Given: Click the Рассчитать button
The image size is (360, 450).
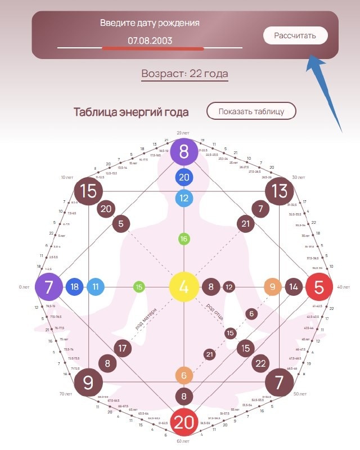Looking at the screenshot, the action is tap(295, 35).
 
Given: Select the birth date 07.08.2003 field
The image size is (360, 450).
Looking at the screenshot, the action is tap(150, 40).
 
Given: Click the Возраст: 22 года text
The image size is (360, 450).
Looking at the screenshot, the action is tap(184, 74).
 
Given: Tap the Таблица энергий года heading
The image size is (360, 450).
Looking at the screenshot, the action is tap(131, 112).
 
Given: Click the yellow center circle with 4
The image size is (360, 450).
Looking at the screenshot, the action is tap(183, 286).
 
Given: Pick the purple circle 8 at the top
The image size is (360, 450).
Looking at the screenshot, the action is tap(184, 152).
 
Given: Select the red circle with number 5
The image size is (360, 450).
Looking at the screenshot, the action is tap(319, 287).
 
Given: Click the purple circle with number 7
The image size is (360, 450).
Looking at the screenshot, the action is tap(49, 287).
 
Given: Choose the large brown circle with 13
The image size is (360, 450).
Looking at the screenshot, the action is tap(279, 191).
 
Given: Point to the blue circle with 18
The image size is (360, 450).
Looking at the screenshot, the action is tap(74, 287).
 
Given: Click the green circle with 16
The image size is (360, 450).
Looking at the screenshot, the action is tap(183, 239).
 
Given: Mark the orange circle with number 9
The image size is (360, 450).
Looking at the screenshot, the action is tap(273, 287).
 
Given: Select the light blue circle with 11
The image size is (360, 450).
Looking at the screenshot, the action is tap(95, 287).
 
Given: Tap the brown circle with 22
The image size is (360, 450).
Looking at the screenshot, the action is tap(260, 363).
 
